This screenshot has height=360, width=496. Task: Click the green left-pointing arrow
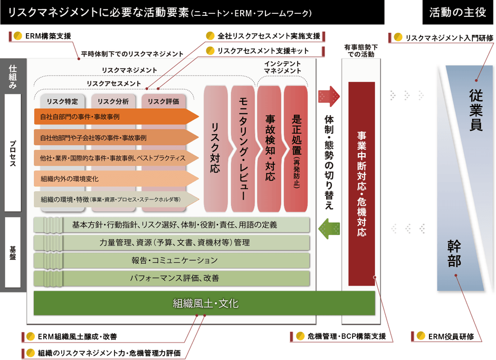point(330,229)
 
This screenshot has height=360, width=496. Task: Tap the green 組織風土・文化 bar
point(205,303)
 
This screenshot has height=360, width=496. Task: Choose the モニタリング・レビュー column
point(243,148)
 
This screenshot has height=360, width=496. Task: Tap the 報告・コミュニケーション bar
point(174,260)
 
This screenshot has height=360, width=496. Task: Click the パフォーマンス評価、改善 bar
point(174,278)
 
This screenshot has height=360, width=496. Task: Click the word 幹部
point(454,253)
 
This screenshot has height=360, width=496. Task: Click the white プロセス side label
point(13,153)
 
